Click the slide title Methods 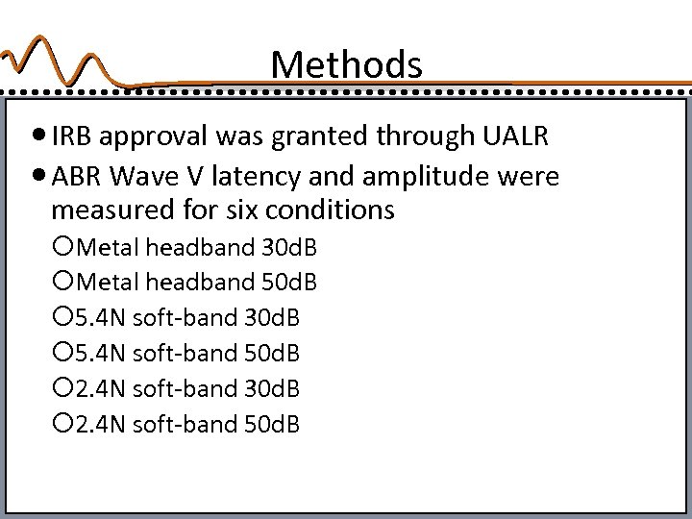tap(346, 65)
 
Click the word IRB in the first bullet tap(73, 136)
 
